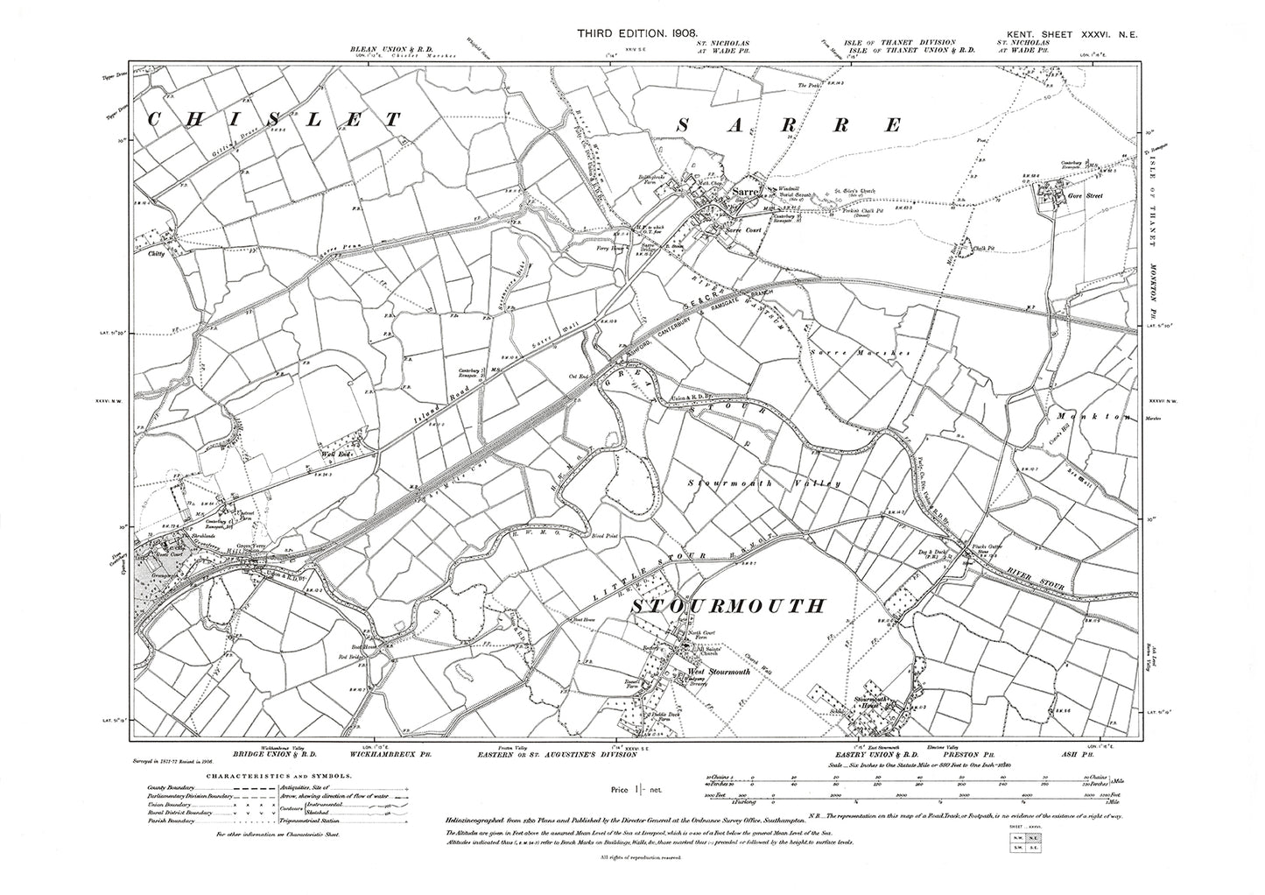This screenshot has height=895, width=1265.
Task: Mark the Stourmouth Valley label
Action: [764, 483]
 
